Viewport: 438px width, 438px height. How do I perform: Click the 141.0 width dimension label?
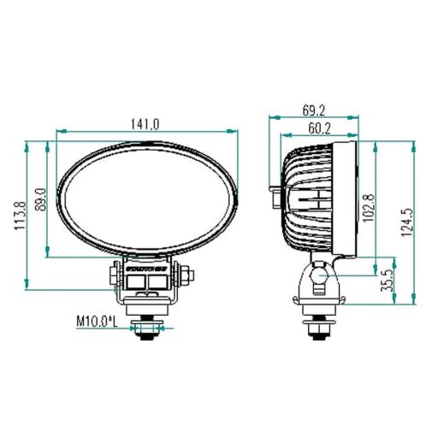click(x=145, y=124)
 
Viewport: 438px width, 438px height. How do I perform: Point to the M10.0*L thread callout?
click(x=96, y=321)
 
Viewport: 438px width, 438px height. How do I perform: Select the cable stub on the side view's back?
click(x=274, y=196)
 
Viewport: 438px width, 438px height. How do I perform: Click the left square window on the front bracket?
click(x=135, y=279)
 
